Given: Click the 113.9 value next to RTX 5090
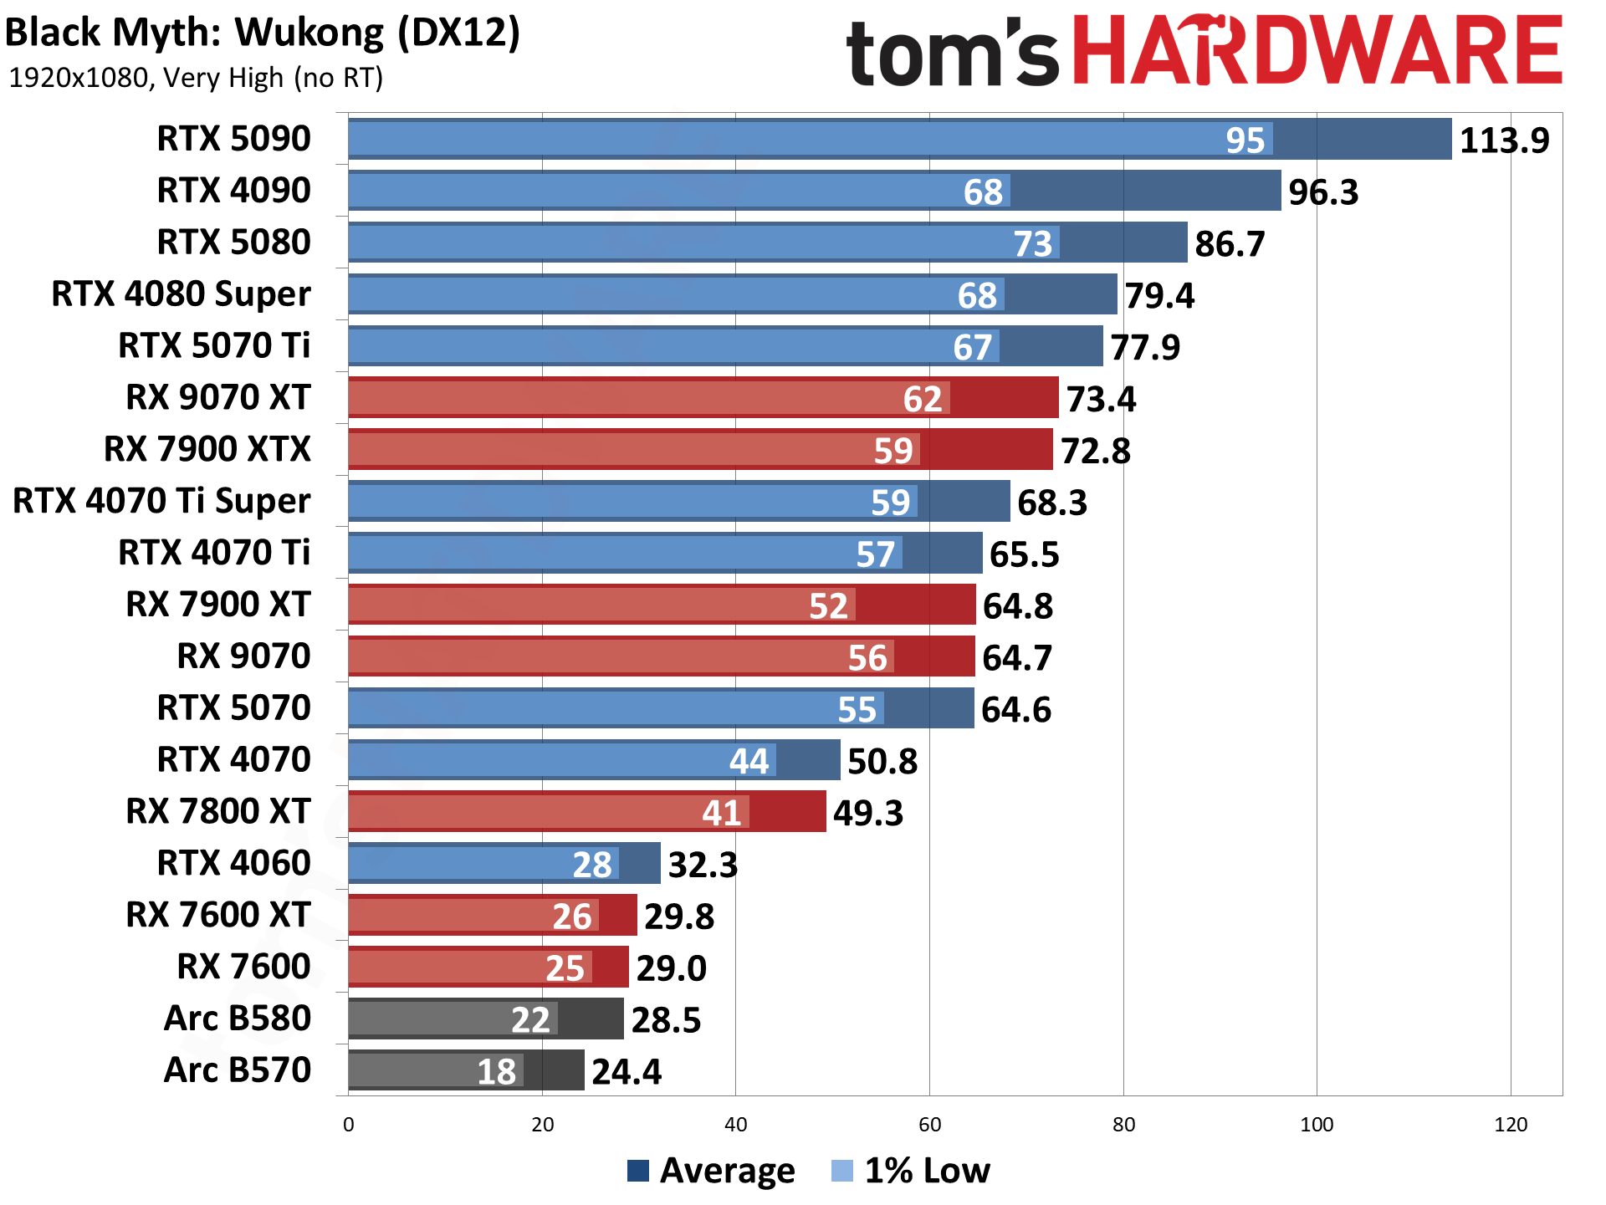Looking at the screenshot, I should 1504,140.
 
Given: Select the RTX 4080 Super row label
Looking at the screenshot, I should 181,294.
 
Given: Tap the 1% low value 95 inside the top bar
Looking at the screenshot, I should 1245,140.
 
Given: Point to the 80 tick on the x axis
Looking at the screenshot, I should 1123,1125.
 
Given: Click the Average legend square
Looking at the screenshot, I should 638,1171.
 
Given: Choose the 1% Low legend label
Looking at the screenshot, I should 927,1171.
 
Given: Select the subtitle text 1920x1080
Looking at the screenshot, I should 78,78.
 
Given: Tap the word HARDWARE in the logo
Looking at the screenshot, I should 1317,52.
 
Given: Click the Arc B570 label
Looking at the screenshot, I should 238,1070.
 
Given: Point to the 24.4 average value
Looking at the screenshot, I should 627,1072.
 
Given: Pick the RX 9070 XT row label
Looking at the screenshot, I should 218,398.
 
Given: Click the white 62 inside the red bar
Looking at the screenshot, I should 923,400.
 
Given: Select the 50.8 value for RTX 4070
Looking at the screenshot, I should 882,762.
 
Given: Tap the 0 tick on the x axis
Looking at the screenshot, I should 349,1125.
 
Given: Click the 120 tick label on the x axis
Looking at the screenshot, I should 1511,1125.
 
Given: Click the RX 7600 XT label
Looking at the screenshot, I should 218,915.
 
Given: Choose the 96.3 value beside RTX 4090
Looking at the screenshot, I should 1323,192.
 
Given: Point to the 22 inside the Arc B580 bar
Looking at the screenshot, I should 530,1020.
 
